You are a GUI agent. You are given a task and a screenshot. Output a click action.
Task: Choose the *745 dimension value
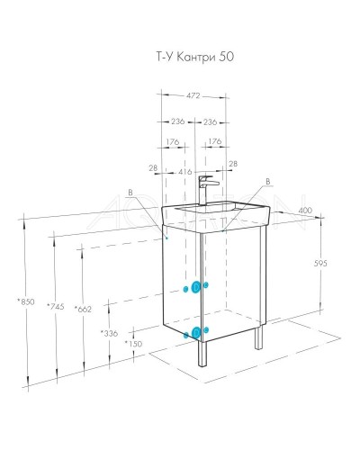tap(56, 308)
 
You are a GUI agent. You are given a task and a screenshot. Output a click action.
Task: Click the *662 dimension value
tap(85, 308)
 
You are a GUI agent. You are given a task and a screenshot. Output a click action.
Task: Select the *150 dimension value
tap(134, 343)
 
